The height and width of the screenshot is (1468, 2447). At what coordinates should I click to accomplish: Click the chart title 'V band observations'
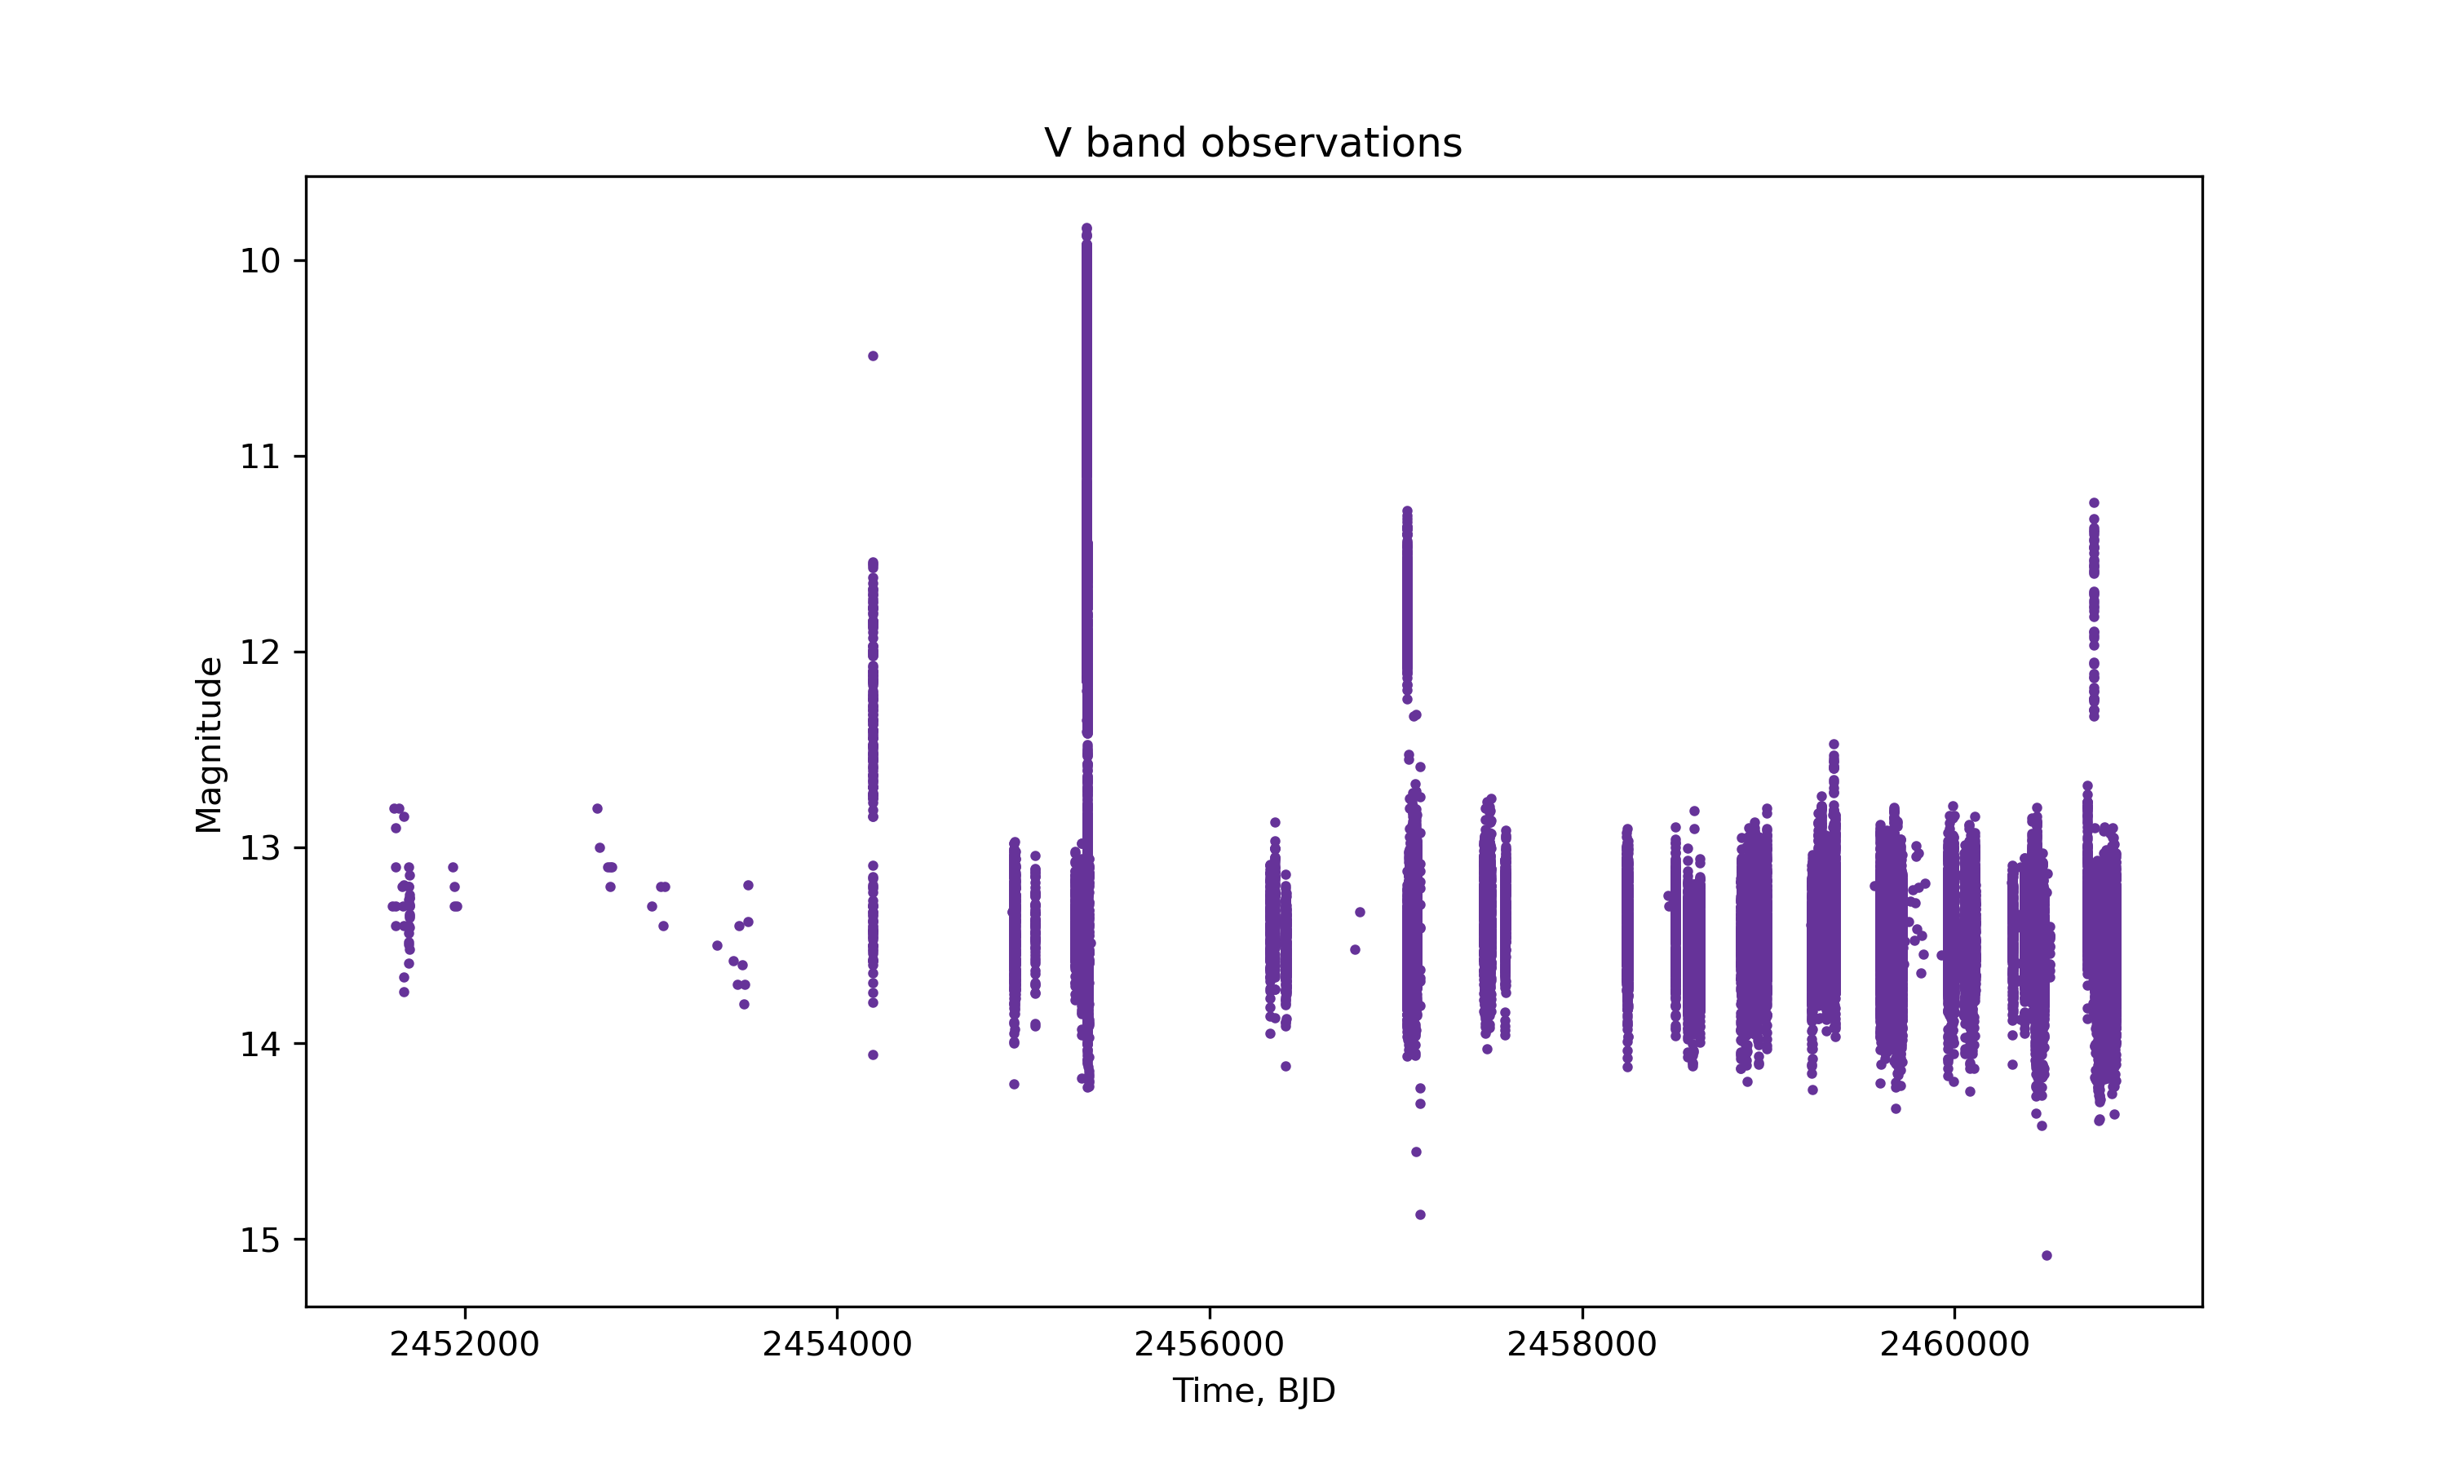(1252, 144)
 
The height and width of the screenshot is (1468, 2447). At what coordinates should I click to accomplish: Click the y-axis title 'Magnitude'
(209, 745)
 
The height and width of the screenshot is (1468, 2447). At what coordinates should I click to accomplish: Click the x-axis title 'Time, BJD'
(1253, 1391)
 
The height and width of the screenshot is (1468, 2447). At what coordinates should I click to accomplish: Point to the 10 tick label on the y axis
(260, 261)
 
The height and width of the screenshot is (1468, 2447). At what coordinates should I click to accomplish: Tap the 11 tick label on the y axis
(260, 457)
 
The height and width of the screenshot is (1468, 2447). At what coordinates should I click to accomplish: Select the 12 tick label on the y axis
(260, 653)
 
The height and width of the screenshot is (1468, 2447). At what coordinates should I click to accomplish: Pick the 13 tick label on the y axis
(260, 849)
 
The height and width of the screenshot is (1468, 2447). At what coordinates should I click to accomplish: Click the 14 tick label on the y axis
(260, 1045)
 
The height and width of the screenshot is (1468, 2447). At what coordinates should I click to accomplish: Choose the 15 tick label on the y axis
(260, 1240)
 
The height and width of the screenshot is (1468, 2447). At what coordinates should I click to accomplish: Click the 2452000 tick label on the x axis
(464, 1344)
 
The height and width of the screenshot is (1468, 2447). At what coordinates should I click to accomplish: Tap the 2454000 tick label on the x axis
(837, 1344)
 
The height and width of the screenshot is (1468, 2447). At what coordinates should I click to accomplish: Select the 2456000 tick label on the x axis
(1209, 1344)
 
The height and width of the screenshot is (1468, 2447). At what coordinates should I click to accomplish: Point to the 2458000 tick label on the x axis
(1582, 1344)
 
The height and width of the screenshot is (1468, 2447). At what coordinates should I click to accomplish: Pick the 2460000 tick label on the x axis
(1954, 1344)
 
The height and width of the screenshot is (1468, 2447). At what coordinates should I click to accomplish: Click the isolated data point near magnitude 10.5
(873, 356)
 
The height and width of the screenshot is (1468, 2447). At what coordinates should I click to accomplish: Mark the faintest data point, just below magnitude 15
(2047, 1255)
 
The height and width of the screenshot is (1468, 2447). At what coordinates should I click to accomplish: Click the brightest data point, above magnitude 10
(1086, 228)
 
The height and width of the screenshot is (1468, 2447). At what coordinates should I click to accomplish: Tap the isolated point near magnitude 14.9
(1420, 1214)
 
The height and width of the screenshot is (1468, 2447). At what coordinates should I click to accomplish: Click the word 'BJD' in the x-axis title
(1306, 1391)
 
